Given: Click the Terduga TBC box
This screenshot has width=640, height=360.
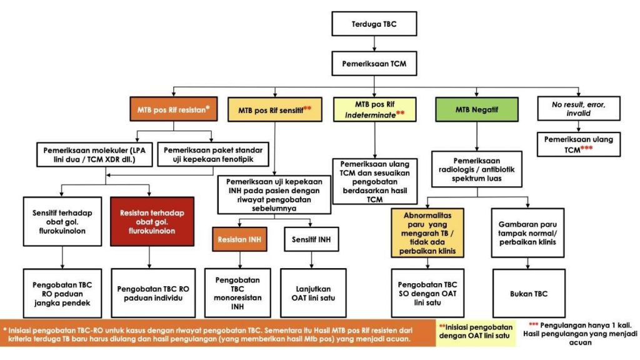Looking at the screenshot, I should pyautogui.click(x=374, y=26).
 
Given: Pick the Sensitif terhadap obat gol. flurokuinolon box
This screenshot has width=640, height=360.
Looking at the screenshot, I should pyautogui.click(x=62, y=222).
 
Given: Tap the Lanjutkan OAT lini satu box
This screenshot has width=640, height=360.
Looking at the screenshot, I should pyautogui.click(x=312, y=292).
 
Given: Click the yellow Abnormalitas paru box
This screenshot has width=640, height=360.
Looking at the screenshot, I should pyautogui.click(x=427, y=232).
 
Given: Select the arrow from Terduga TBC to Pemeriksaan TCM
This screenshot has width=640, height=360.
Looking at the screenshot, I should pyautogui.click(x=374, y=44).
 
